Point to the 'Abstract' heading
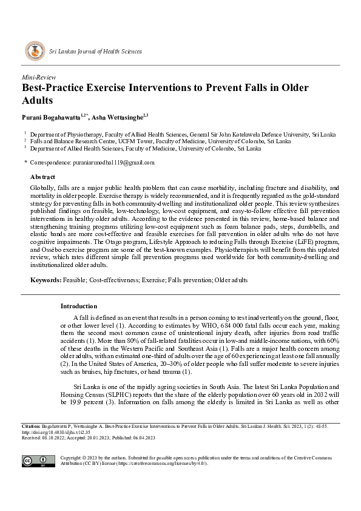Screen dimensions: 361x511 [42, 176]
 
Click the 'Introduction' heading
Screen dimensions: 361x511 [79, 306]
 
